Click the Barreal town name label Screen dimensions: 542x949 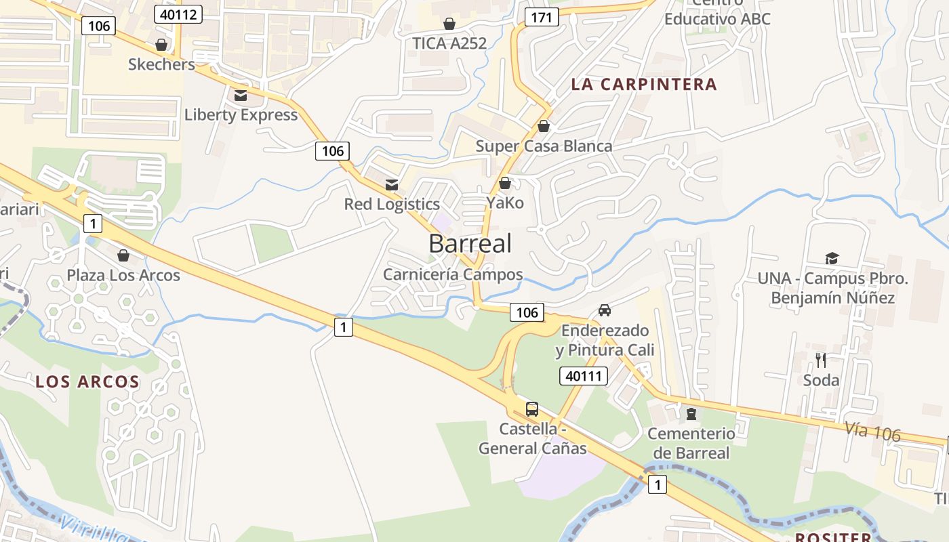click(x=470, y=244)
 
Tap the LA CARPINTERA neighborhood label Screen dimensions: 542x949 click(x=643, y=84)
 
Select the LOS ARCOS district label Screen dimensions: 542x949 click(x=87, y=381)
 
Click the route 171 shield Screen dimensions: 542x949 click(x=542, y=17)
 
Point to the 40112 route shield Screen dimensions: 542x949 click(x=178, y=14)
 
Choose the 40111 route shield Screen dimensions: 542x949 click(x=584, y=376)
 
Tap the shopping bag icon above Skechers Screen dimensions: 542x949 click(x=161, y=45)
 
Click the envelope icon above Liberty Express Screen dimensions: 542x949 click(x=241, y=95)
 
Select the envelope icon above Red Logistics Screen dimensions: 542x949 click(x=392, y=184)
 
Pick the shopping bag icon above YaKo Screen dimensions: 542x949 click(x=504, y=183)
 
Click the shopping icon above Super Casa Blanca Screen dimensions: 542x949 click(x=543, y=126)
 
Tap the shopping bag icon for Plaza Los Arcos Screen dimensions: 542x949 click(x=123, y=255)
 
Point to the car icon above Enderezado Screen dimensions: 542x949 click(x=604, y=310)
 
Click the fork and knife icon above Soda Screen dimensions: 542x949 click(x=821, y=360)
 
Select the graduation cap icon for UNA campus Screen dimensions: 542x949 click(x=832, y=258)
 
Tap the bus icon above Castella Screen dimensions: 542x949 click(x=532, y=409)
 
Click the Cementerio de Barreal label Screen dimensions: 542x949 click(x=691, y=443)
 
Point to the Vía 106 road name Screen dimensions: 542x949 click(x=872, y=431)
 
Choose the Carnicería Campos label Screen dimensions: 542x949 click(x=453, y=274)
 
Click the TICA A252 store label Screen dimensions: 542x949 click(x=449, y=43)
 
